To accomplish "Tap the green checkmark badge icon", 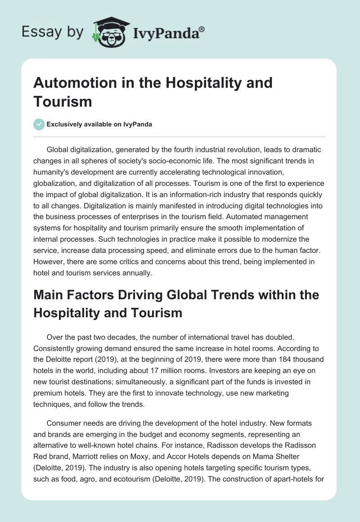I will (39, 124).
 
